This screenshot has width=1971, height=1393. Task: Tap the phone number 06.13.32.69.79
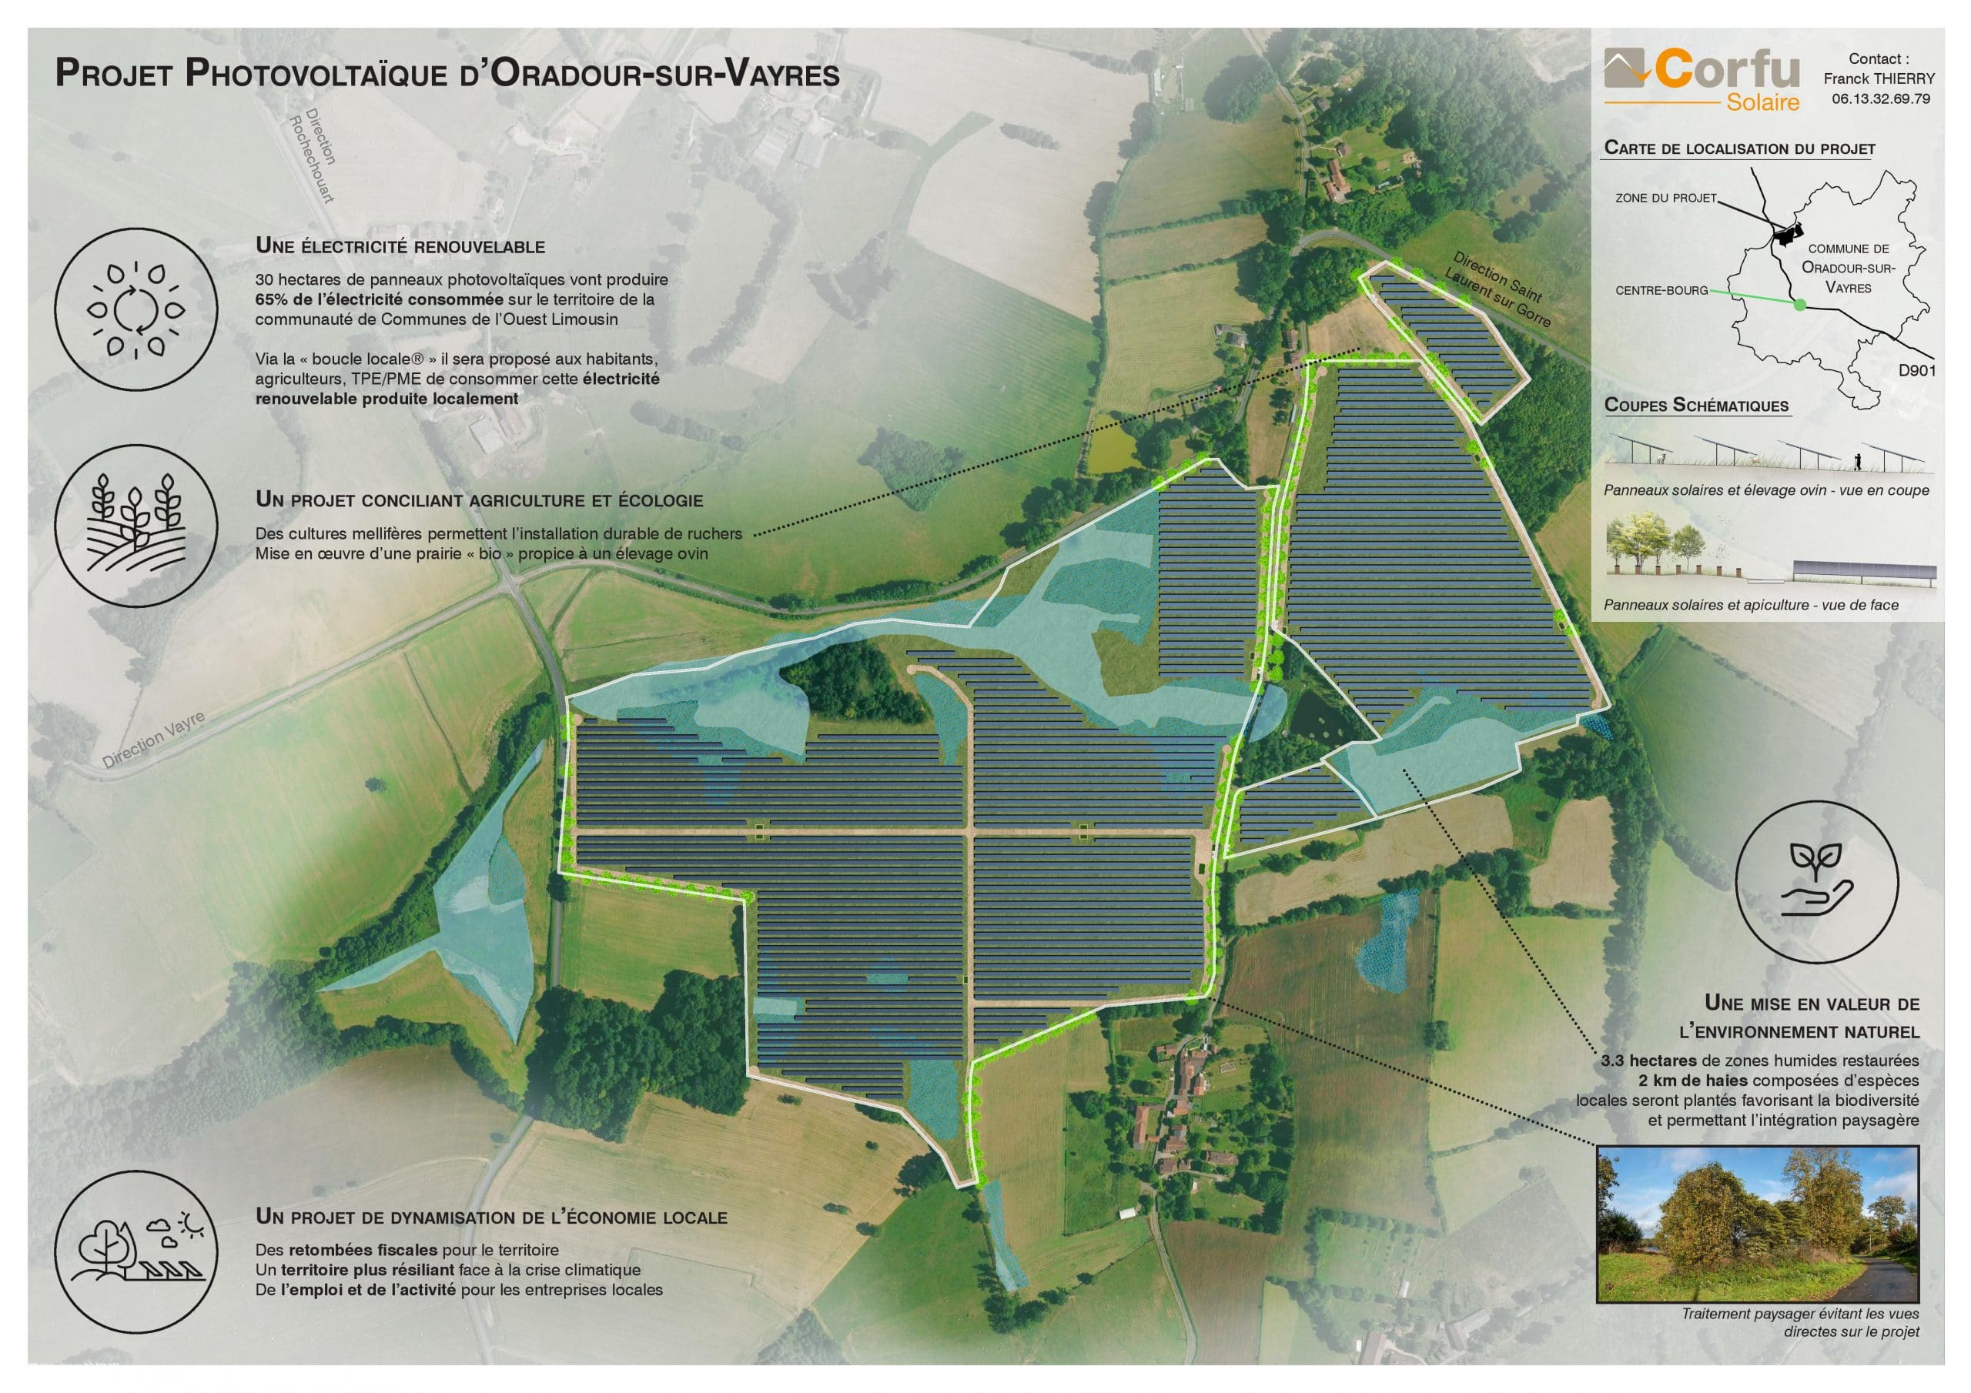[1880, 99]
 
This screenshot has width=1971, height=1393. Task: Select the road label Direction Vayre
[152, 740]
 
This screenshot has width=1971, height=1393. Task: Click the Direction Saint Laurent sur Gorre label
[1501, 288]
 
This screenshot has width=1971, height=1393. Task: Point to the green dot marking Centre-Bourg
[1801, 304]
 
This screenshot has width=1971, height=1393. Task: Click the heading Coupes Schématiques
[1695, 406]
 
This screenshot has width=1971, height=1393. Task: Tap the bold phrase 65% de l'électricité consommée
[379, 299]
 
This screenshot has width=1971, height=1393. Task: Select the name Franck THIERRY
[1879, 78]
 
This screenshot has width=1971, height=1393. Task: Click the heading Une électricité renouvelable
[400, 246]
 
